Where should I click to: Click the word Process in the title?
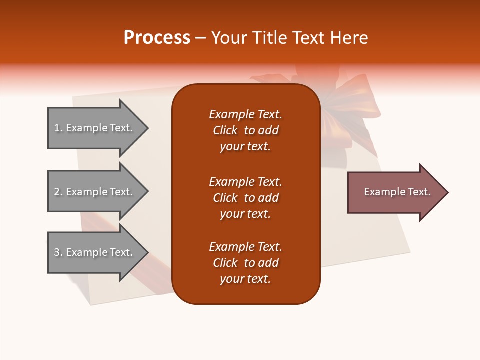tap(157, 38)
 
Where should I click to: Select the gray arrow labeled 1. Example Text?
tap(95, 128)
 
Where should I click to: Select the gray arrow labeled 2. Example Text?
tap(95, 192)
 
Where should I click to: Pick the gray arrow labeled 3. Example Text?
tap(95, 252)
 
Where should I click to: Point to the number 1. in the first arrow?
tap(58, 128)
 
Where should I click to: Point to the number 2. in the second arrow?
tap(58, 192)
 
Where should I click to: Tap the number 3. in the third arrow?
tap(58, 252)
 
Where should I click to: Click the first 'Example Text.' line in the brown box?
tap(245, 114)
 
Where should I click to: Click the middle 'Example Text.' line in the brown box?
tap(245, 182)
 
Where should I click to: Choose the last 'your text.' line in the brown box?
tap(245, 279)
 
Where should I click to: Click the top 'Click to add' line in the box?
tap(245, 130)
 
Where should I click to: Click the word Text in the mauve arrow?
tap(419, 192)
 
